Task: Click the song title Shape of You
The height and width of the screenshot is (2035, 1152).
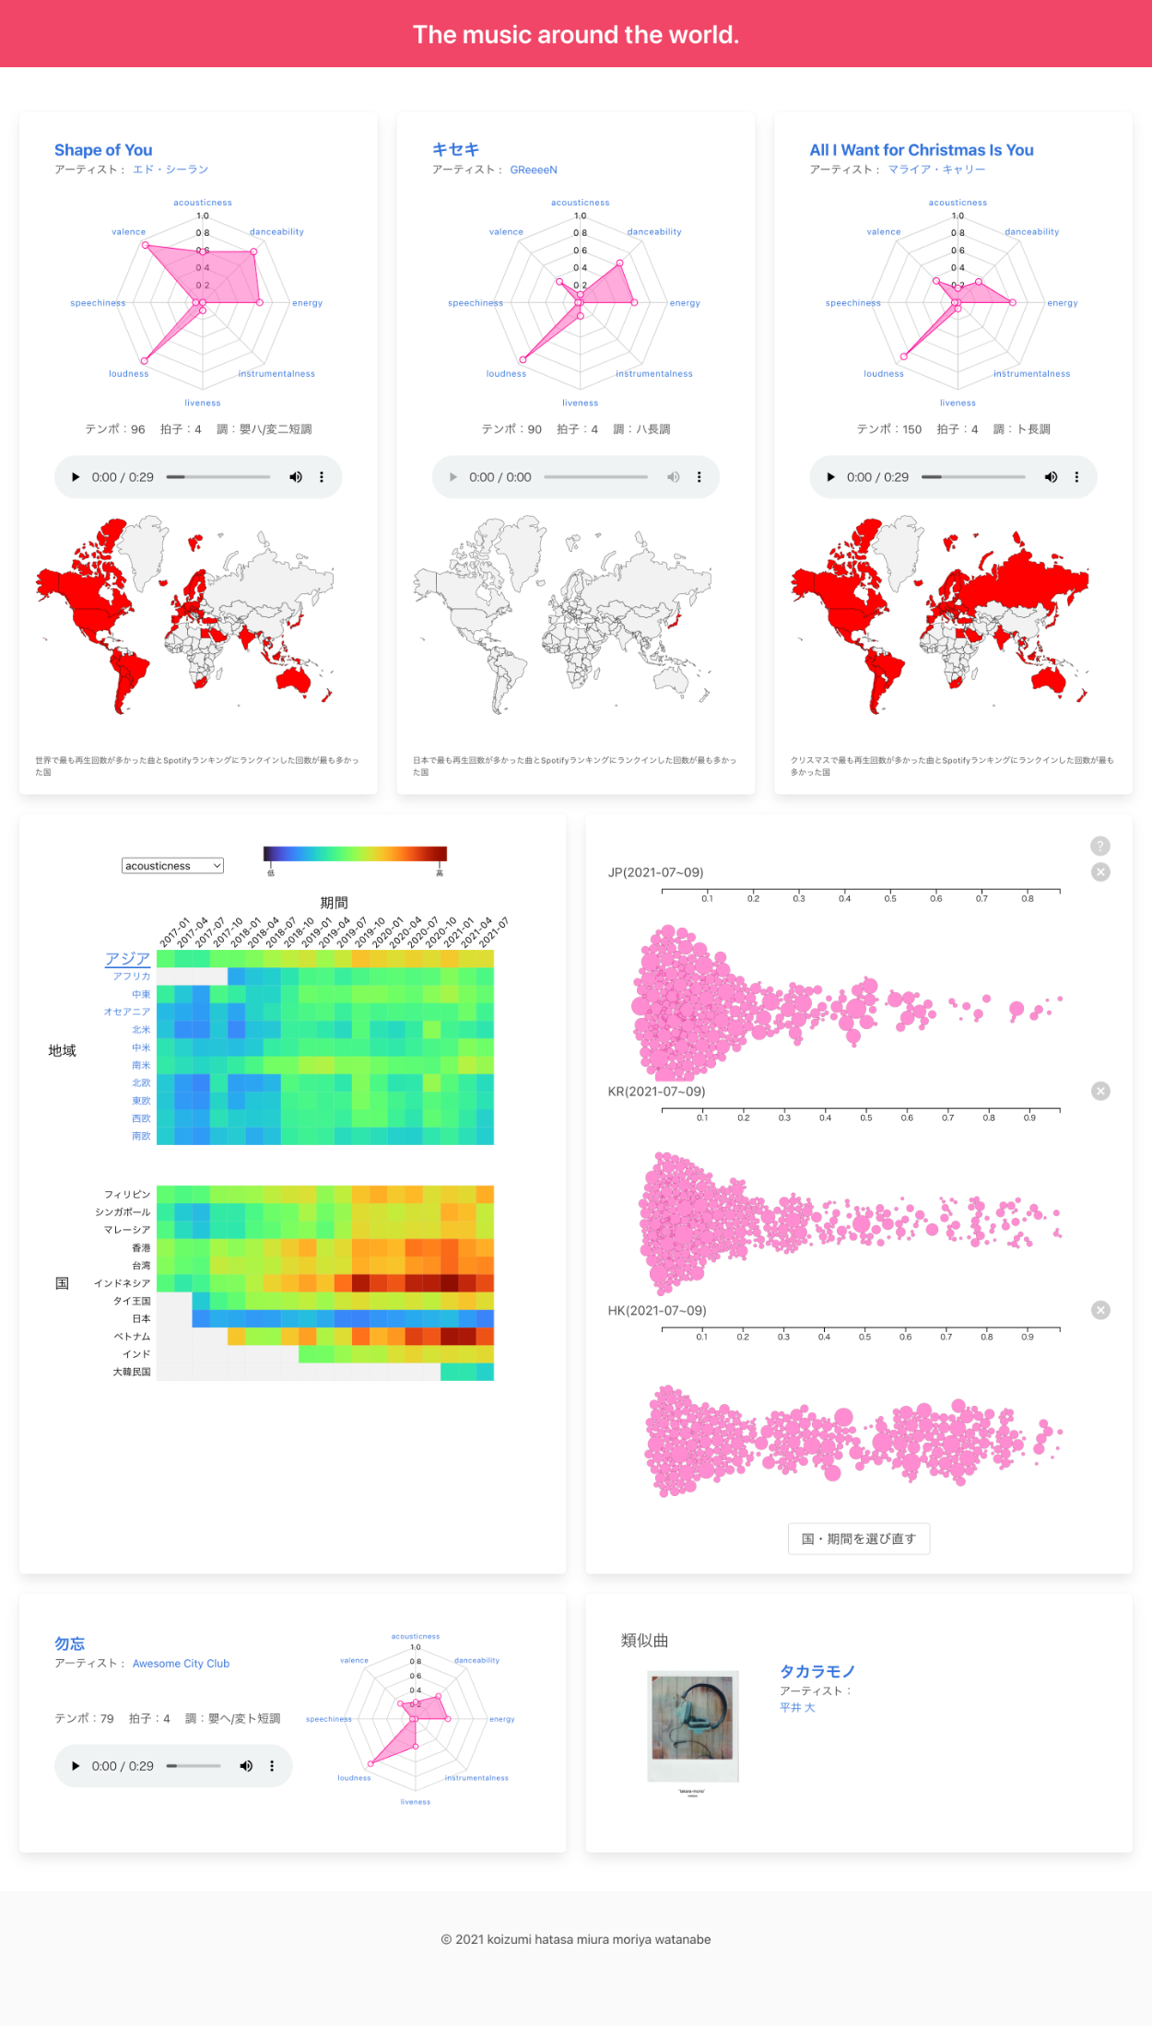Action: tap(103, 150)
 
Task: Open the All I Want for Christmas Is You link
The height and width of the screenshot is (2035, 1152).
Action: tap(921, 150)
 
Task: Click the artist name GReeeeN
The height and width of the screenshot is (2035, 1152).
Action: tap(534, 170)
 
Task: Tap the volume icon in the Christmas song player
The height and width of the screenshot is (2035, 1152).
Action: tap(1051, 477)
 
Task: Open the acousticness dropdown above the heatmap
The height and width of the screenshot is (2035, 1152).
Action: tap(172, 866)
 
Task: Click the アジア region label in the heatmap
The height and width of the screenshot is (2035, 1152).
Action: tap(127, 959)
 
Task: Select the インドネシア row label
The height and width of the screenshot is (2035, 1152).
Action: tap(123, 1283)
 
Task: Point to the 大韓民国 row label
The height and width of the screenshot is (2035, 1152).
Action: tap(131, 1373)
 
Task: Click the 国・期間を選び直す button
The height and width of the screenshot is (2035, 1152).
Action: tap(859, 1538)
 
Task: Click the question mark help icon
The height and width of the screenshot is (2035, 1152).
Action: tap(1100, 846)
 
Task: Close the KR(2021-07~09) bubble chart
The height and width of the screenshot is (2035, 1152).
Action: tap(1100, 1092)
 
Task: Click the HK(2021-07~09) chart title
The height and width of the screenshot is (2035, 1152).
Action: tap(657, 1311)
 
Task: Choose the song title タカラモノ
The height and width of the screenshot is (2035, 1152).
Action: tap(817, 1672)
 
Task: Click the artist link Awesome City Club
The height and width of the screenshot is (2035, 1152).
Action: tap(181, 1664)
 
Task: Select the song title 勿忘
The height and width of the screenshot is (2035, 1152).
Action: tap(70, 1644)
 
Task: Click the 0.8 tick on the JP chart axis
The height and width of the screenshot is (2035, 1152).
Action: tap(1027, 897)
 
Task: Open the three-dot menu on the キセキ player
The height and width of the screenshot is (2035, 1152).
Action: tap(699, 477)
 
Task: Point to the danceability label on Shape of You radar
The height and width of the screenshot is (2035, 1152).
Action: tap(276, 232)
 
